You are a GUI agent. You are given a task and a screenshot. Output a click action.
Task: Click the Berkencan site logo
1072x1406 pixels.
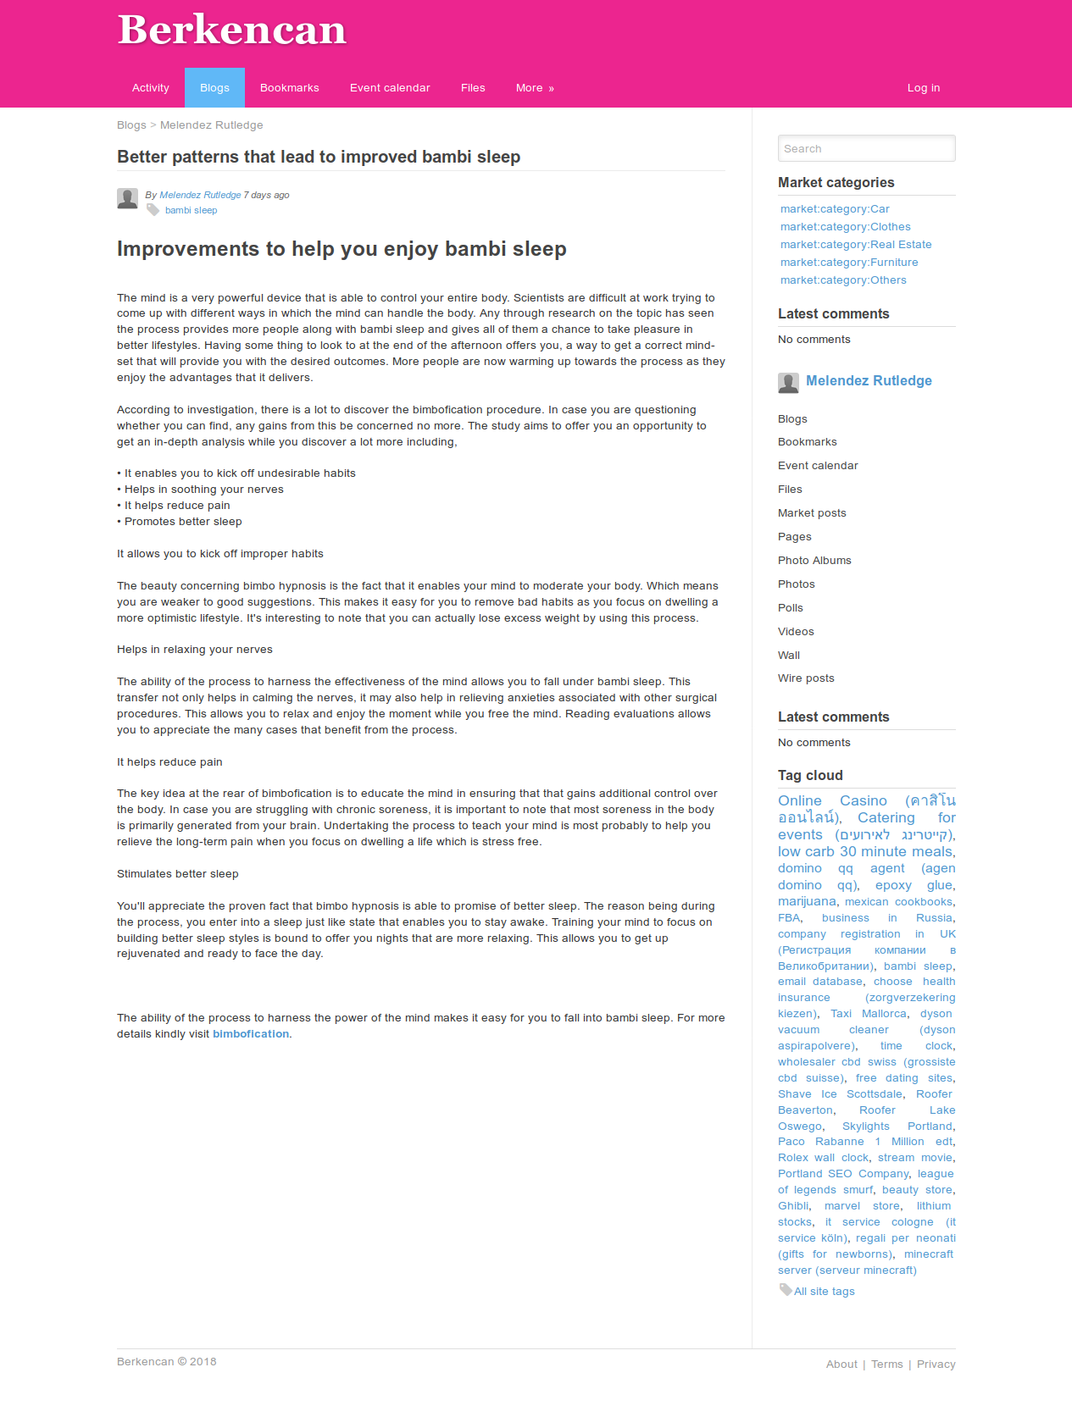click(232, 30)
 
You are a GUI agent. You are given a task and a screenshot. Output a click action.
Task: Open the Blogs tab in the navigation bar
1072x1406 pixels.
click(214, 88)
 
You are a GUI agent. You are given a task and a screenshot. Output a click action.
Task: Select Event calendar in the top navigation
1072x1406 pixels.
click(390, 88)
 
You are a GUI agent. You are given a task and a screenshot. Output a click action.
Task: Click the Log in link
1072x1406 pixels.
click(923, 88)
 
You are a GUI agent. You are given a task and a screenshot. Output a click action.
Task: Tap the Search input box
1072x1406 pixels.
click(866, 148)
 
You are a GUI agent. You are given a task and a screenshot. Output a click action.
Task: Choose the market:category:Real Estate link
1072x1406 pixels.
click(856, 245)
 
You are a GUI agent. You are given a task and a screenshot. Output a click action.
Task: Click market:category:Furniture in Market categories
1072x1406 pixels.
click(849, 263)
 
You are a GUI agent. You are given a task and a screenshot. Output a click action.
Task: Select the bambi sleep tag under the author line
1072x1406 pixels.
click(191, 211)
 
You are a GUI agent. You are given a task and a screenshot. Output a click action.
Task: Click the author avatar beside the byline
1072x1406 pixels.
click(128, 198)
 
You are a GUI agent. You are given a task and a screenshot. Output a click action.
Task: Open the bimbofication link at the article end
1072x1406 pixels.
click(251, 1034)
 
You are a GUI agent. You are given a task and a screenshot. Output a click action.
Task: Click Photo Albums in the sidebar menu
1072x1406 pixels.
click(814, 561)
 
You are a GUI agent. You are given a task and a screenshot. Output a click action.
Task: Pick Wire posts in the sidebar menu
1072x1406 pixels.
click(806, 678)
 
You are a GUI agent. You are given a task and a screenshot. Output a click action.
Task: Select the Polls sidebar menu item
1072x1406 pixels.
click(791, 608)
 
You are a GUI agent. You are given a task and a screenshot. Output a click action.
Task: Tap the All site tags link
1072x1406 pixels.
click(824, 1292)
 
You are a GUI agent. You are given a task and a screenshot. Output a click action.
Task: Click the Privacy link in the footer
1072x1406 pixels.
click(936, 1364)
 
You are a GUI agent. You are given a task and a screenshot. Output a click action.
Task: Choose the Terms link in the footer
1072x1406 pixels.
click(886, 1364)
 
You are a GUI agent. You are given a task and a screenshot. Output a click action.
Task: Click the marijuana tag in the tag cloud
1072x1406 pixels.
click(807, 901)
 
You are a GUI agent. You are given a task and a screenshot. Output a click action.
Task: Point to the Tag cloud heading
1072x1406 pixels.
click(810, 776)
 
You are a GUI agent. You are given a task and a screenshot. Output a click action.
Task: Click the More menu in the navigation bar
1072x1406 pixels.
click(535, 88)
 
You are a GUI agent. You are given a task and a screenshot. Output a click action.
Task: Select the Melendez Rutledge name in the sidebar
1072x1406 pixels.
click(869, 381)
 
